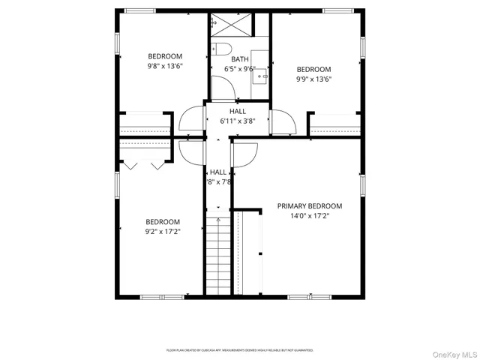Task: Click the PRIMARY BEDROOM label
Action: (319, 205)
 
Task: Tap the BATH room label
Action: (240, 59)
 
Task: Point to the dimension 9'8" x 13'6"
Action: (164, 66)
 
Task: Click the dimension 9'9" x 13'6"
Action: (313, 79)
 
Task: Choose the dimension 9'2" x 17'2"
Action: (163, 231)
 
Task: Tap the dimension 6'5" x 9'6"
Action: (240, 69)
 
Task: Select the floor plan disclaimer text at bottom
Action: (240, 349)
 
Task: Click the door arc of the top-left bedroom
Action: (191, 121)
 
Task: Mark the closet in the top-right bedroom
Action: (334, 124)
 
